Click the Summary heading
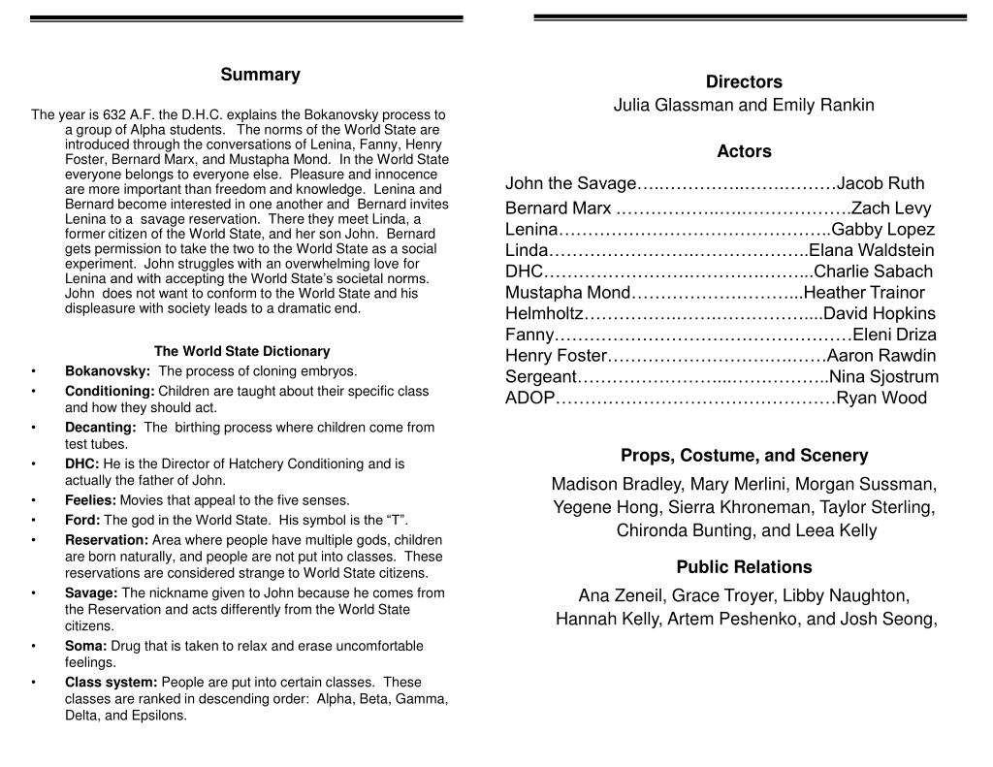coord(260,75)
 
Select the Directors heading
coord(744,81)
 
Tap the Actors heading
coord(744,150)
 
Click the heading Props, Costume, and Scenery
coord(744,455)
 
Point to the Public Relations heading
coord(744,566)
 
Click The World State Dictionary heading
coord(241,351)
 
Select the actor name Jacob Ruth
coord(881,183)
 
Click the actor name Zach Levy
coord(890,208)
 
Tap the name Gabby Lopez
coord(882,229)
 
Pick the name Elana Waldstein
coord(872,250)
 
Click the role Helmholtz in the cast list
coord(544,313)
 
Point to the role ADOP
coord(529,398)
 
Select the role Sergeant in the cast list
coord(541,376)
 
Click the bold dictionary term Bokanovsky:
coord(108,370)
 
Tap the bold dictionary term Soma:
coord(86,646)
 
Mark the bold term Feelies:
coord(90,500)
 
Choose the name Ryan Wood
coord(881,398)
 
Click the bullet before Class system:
coord(34,682)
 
